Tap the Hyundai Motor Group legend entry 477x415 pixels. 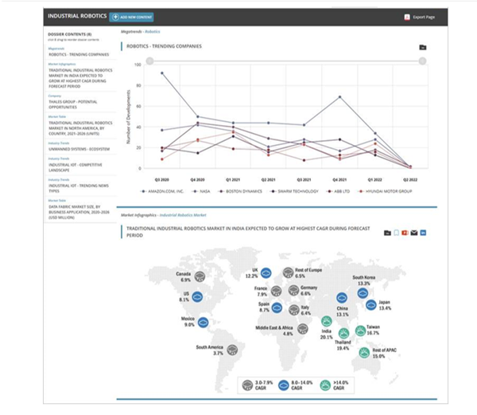pyautogui.click(x=385, y=191)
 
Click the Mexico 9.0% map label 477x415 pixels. pyautogui.click(x=189, y=322)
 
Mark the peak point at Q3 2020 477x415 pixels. pyautogui.click(x=161, y=72)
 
